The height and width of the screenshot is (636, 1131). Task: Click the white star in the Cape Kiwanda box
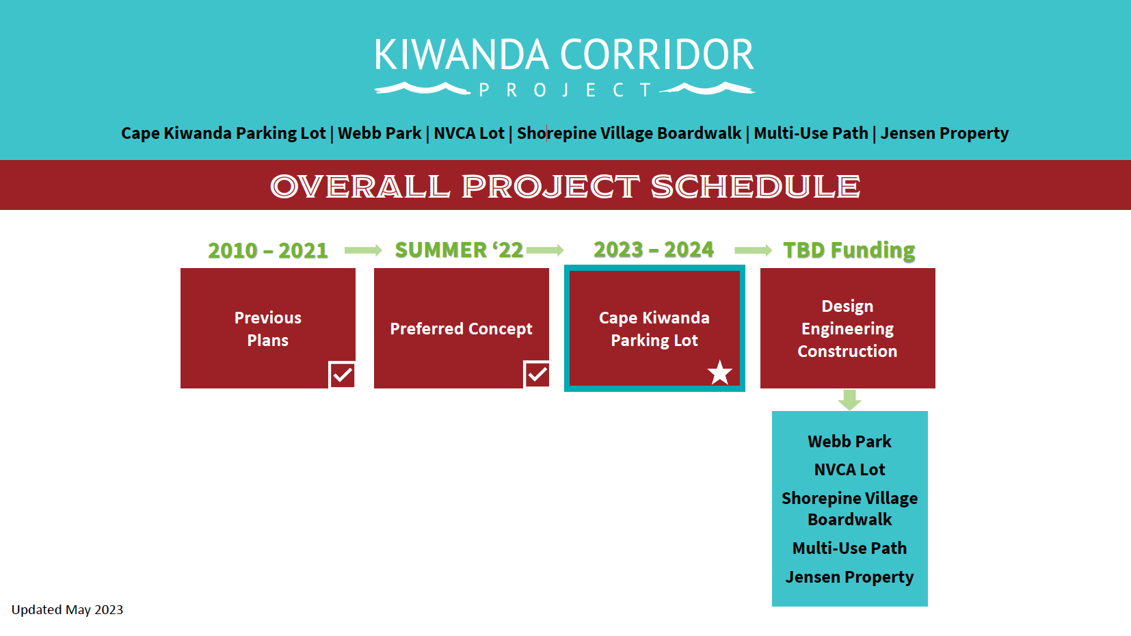(x=719, y=373)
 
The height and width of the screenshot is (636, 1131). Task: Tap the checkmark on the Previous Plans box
(x=343, y=375)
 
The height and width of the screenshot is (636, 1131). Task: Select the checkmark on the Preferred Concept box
(x=537, y=374)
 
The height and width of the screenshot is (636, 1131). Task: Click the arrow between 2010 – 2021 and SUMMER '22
(x=363, y=250)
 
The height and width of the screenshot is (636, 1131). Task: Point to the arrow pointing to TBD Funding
(x=753, y=250)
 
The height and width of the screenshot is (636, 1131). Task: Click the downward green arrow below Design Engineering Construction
(x=849, y=399)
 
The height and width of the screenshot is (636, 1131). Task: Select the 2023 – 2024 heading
(x=654, y=250)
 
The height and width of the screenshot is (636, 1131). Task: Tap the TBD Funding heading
(x=849, y=250)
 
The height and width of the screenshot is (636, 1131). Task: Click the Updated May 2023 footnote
(x=67, y=610)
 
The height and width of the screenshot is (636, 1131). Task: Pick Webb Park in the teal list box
(x=849, y=442)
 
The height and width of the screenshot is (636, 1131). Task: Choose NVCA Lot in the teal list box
(x=849, y=470)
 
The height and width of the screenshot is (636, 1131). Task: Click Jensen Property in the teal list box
(x=849, y=577)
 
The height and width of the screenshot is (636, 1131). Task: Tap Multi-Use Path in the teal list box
(x=849, y=548)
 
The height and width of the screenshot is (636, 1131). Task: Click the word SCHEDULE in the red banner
(x=756, y=187)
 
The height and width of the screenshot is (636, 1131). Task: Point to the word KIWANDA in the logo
(x=462, y=55)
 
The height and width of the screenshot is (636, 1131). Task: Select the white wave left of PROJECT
(x=423, y=88)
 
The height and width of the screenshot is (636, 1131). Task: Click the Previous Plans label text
(x=267, y=329)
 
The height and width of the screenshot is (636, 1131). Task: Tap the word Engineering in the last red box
(x=847, y=329)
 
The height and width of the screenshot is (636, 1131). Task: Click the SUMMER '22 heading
(x=458, y=250)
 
